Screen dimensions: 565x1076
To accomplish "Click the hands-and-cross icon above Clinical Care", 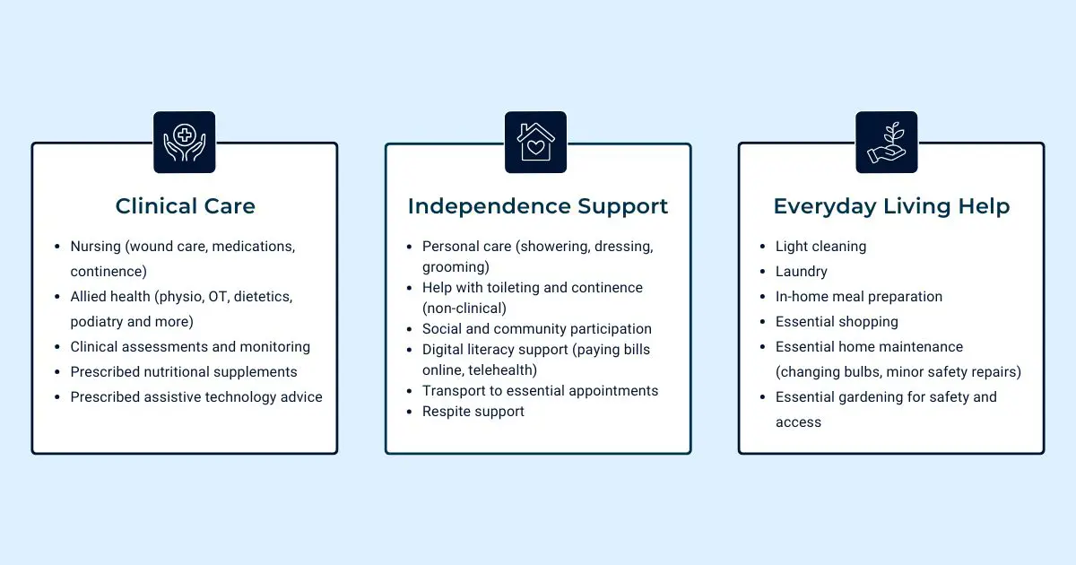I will point(184,142).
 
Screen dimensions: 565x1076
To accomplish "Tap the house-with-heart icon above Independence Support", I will point(535,142).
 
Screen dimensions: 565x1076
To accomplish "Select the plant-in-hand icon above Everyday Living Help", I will point(886,142).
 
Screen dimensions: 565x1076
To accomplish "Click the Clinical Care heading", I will point(186,206).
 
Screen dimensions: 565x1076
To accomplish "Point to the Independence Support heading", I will point(538,206).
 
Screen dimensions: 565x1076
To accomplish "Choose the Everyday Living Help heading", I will point(891,206).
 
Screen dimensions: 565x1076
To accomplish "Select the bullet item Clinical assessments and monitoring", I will point(190,346).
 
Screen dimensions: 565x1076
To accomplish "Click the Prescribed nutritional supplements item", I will point(184,371).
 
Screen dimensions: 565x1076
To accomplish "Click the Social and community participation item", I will point(537,328).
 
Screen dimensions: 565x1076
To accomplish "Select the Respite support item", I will point(473,411).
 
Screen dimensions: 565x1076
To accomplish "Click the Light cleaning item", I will point(820,246).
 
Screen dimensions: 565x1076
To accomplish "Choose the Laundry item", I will point(802,271).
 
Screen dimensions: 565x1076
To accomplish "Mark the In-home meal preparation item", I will point(859,296).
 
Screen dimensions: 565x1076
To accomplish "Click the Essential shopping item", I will point(837,321).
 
